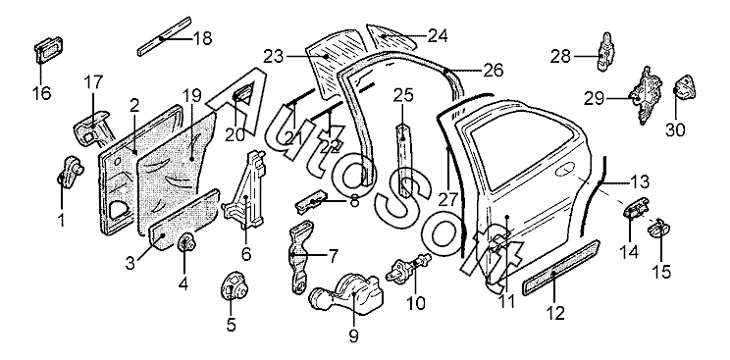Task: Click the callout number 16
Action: pos(41,92)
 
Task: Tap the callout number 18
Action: pos(202,38)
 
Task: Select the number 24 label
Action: pos(438,35)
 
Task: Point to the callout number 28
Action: pos(560,56)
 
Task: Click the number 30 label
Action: pos(675,129)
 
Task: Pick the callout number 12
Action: pos(556,312)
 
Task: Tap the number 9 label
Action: pos(354,334)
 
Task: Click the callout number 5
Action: pos(232,324)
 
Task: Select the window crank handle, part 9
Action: pos(346,292)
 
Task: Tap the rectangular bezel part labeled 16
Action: pos(47,49)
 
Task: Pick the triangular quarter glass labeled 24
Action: pos(392,37)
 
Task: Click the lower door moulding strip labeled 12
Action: pos(561,268)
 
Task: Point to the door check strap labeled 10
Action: pos(408,267)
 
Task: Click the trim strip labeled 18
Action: pos(164,36)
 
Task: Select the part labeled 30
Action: pos(686,87)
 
